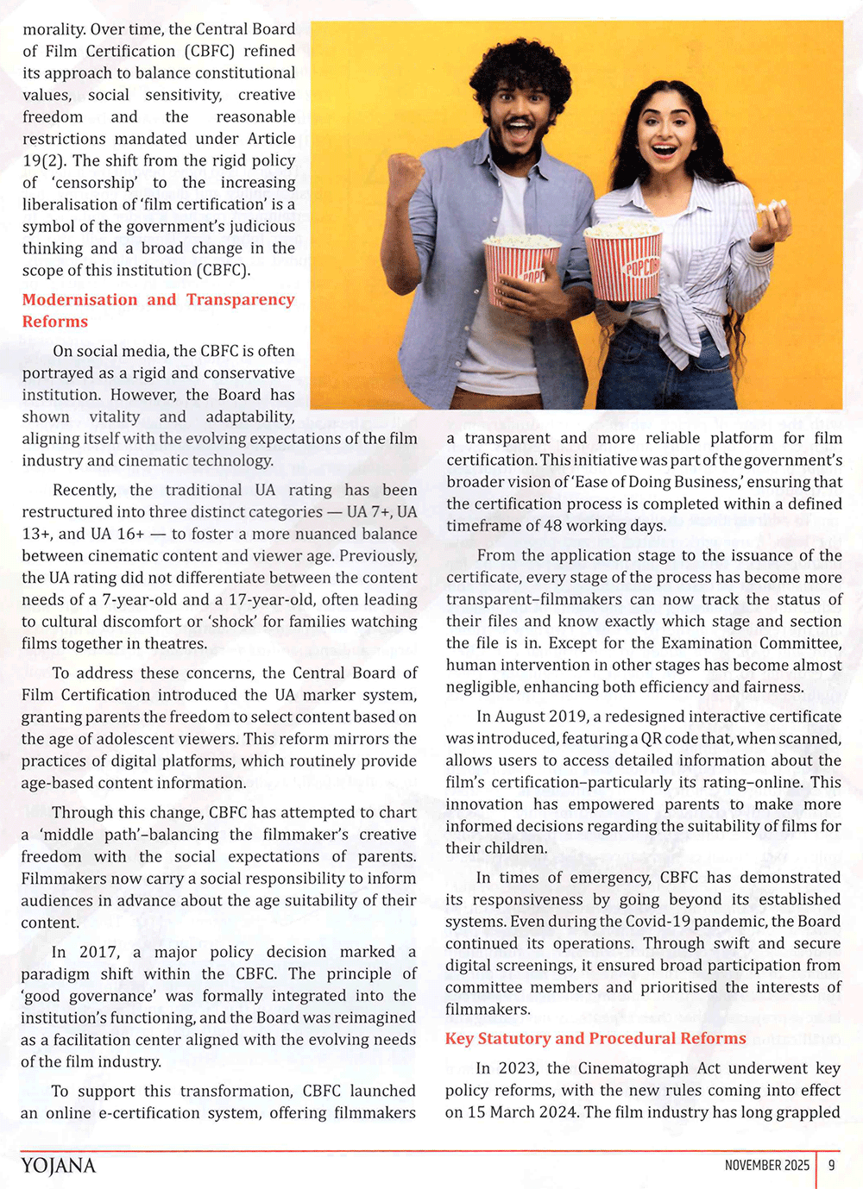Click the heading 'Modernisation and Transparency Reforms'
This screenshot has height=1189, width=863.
point(158,310)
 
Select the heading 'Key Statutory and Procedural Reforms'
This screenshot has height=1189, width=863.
point(595,1038)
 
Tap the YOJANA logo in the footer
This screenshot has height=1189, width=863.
point(59,1166)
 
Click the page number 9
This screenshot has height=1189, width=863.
point(831,1165)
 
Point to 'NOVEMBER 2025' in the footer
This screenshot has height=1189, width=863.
point(766,1165)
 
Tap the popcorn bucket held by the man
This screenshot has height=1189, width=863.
point(520,267)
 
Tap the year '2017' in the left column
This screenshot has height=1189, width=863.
point(98,952)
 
